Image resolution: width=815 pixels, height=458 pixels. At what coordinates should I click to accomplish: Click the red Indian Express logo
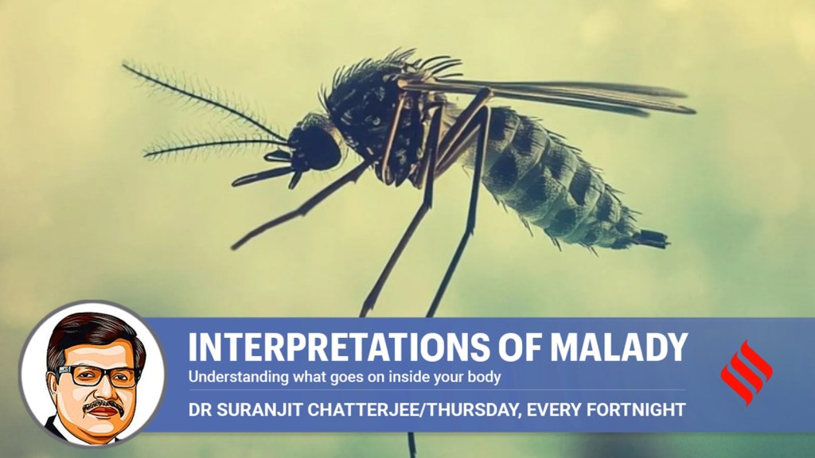(x=746, y=372)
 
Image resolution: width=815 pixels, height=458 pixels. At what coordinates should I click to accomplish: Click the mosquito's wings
(x=546, y=95)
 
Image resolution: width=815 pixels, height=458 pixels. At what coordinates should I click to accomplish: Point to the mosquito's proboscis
(x=261, y=176)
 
